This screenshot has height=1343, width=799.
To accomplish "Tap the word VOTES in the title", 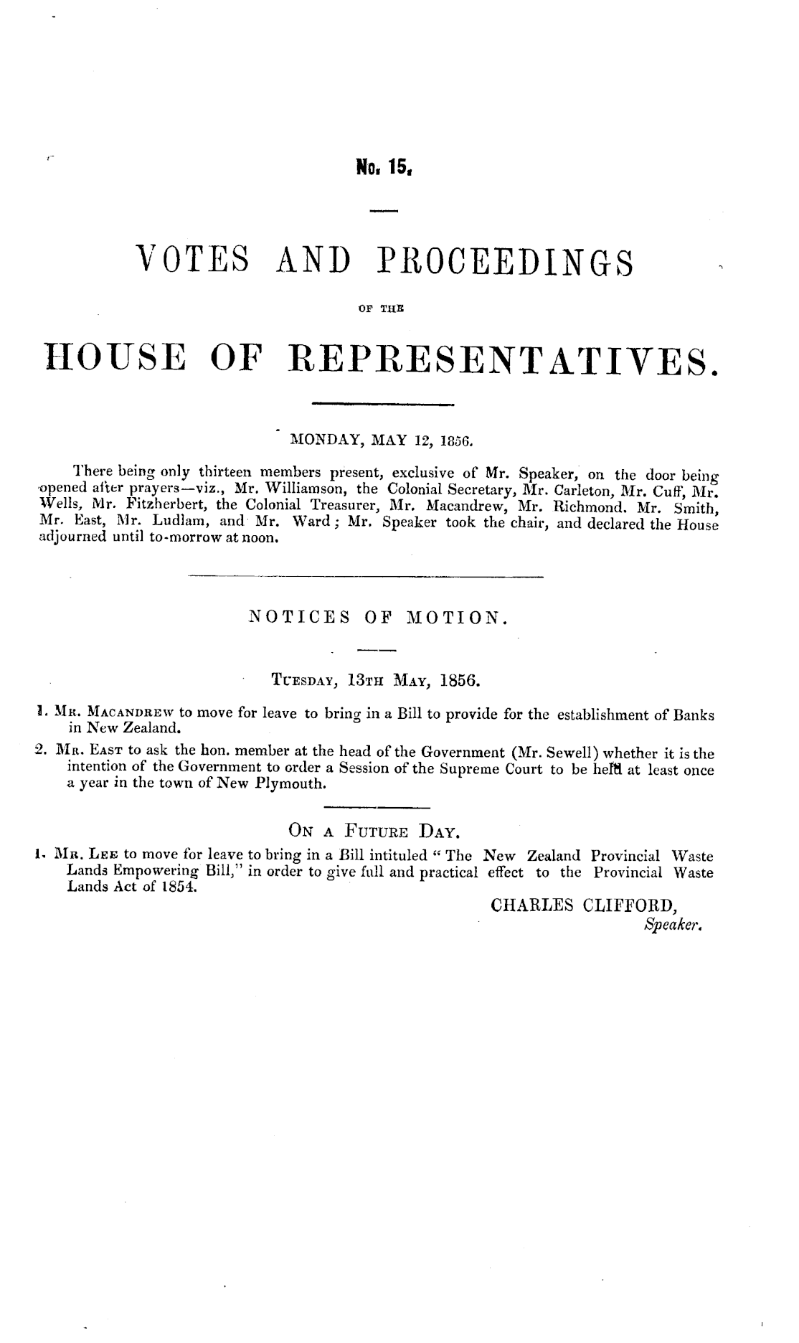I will point(194,263).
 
